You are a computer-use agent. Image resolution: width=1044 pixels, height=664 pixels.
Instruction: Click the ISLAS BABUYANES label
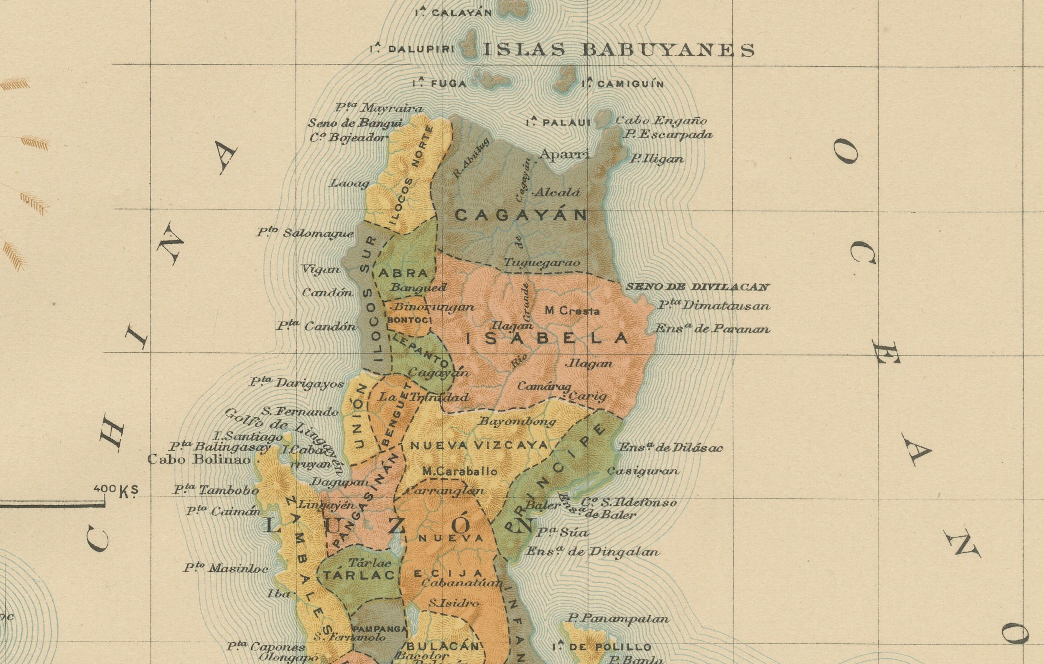point(618,50)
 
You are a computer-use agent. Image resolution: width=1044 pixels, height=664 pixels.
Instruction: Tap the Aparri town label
point(564,154)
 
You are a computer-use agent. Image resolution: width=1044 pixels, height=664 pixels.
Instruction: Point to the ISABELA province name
point(547,338)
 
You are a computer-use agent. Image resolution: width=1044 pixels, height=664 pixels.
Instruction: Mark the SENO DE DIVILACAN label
point(698,287)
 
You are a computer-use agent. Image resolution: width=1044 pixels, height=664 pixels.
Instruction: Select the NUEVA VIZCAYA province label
point(479,445)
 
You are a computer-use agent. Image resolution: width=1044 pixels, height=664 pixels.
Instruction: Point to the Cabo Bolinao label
point(199,459)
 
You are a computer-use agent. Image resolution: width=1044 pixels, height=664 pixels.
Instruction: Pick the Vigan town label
point(321,269)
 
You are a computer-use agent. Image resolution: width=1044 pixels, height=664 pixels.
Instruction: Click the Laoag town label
point(349,183)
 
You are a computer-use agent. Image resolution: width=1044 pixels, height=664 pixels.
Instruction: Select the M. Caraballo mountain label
point(459,471)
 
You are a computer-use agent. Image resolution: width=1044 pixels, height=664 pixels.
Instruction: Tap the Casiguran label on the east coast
point(642,471)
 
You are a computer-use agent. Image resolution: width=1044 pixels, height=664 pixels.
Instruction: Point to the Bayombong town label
point(517,422)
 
